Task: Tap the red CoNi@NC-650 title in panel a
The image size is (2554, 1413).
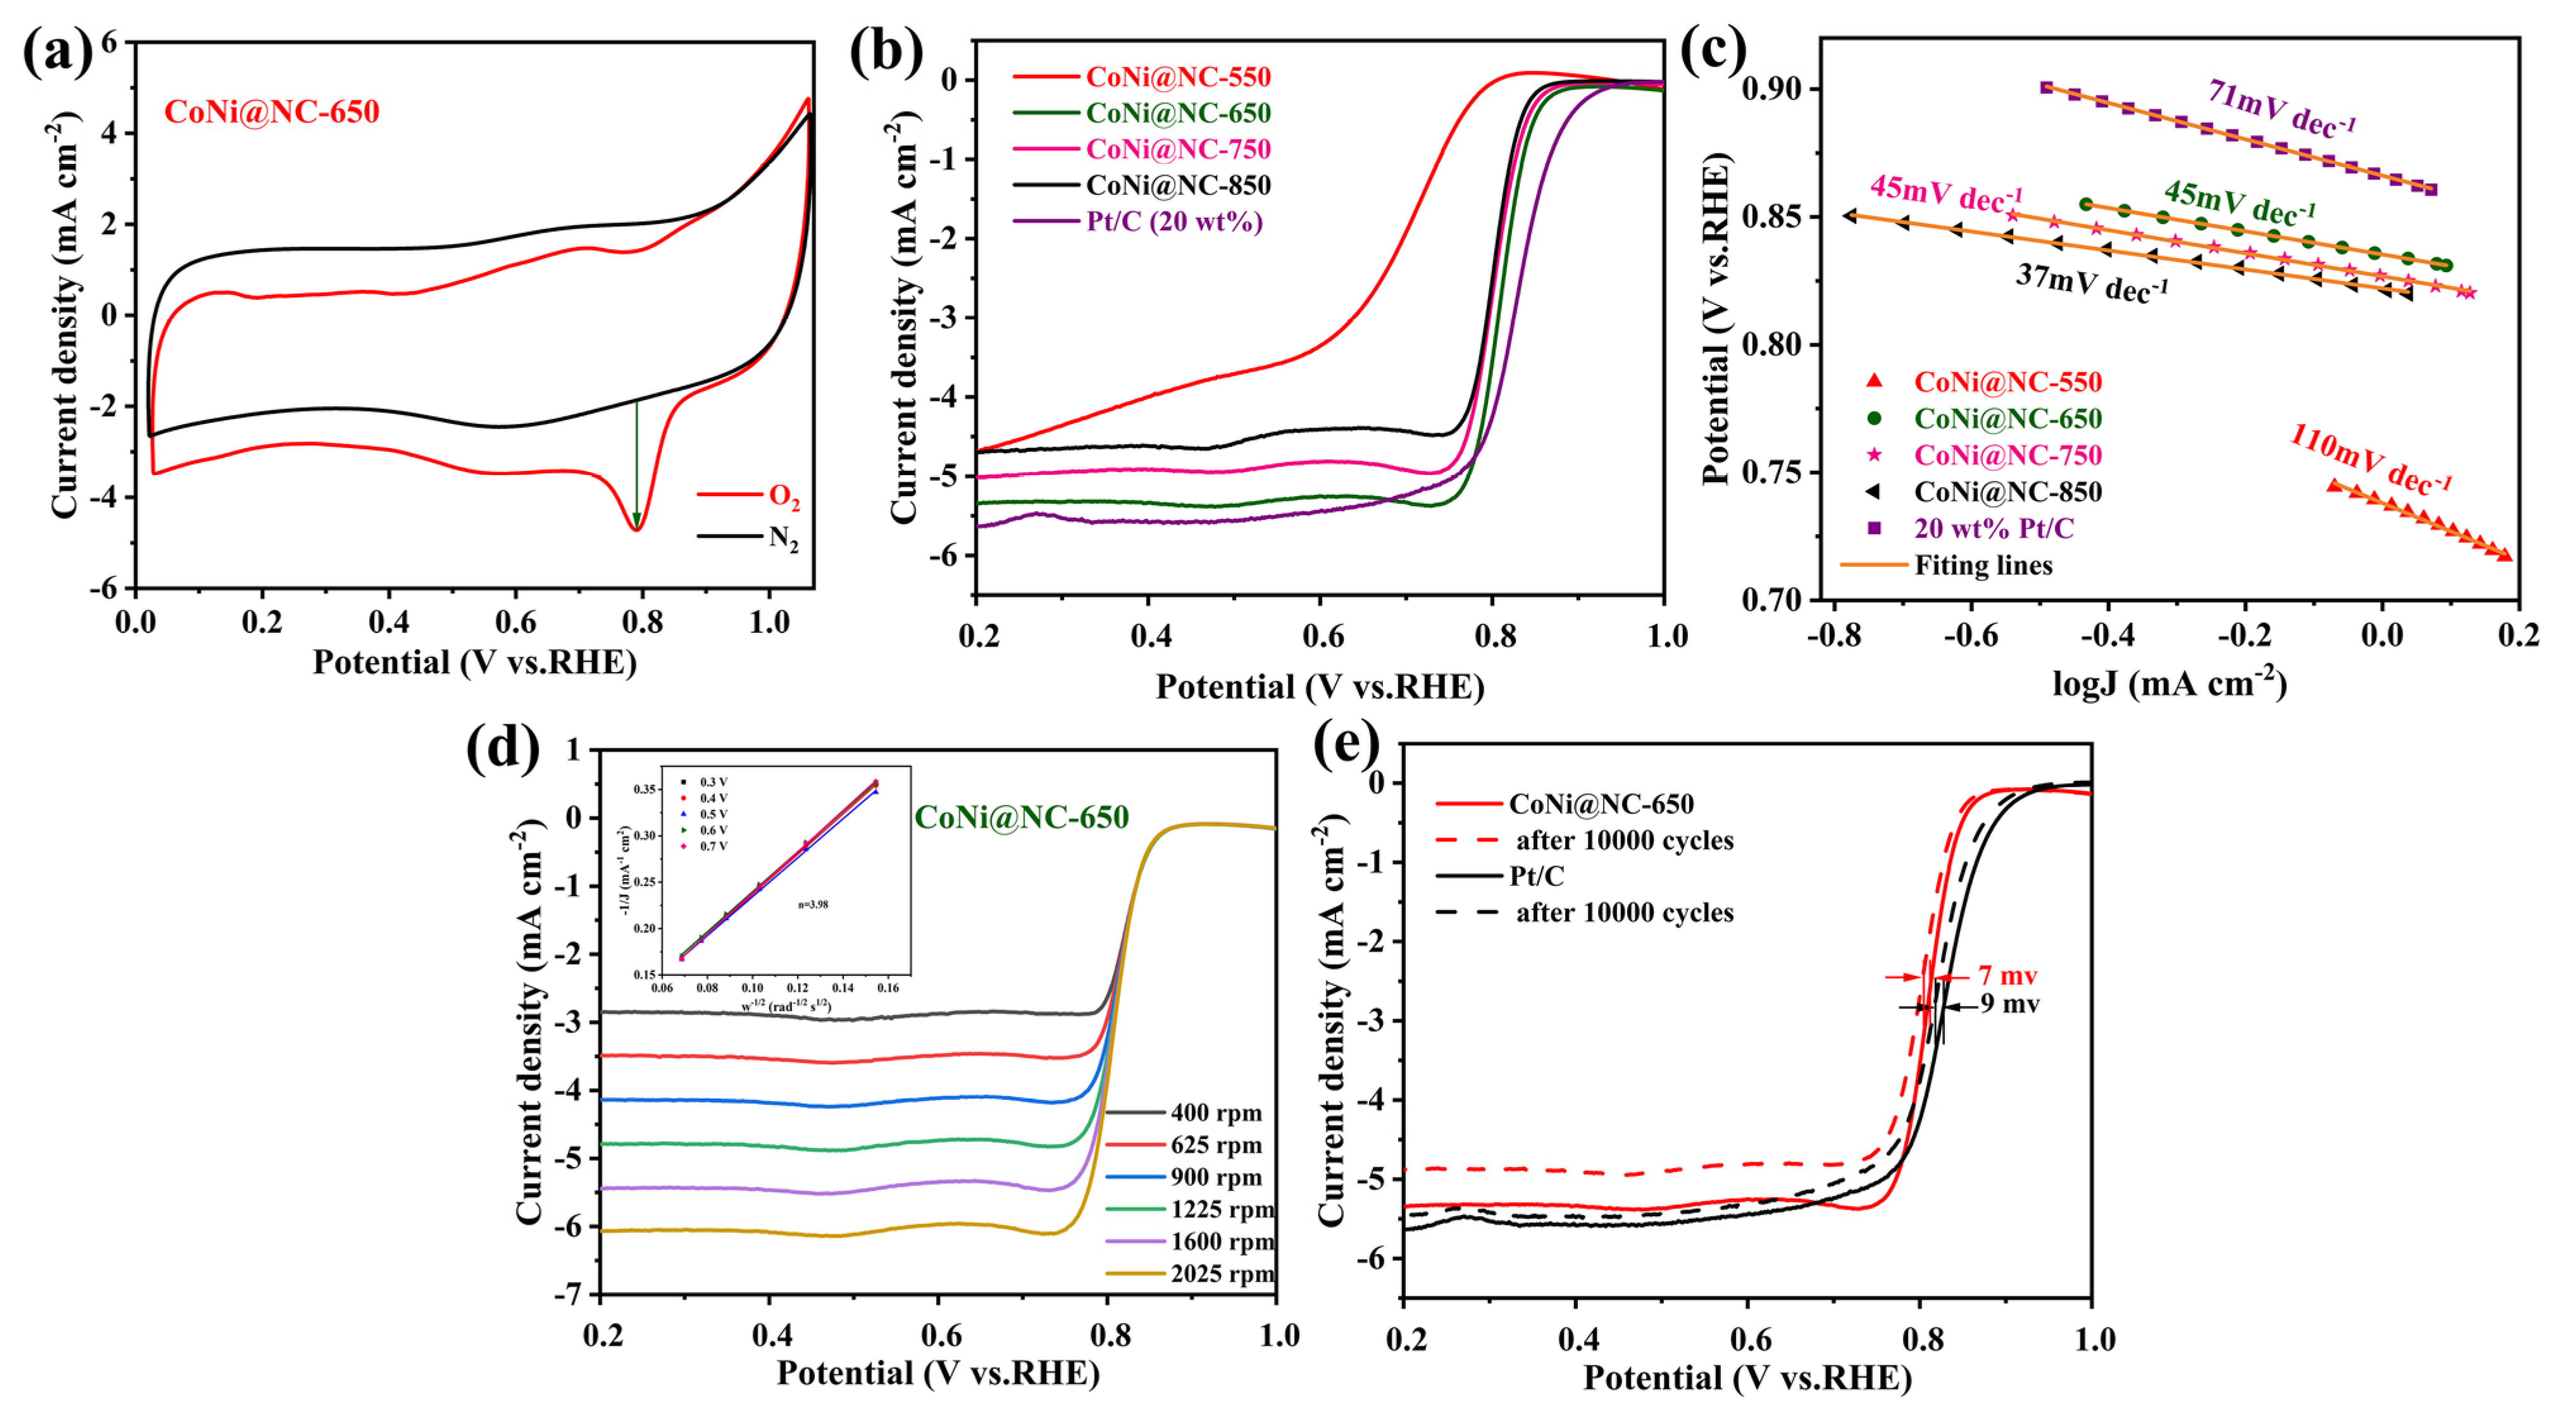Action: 271,111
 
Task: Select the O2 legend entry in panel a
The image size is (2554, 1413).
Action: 783,496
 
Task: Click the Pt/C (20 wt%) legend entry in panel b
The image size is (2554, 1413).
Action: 1174,221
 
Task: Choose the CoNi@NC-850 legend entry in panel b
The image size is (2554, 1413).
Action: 1178,185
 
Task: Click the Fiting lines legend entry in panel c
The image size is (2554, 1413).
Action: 1983,565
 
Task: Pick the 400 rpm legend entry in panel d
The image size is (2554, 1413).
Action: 1215,1112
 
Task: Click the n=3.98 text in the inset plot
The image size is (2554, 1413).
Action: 813,904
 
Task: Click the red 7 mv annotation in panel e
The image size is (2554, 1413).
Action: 2007,976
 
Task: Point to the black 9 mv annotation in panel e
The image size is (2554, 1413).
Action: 2010,1004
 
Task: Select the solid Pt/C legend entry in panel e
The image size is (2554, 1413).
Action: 1536,876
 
